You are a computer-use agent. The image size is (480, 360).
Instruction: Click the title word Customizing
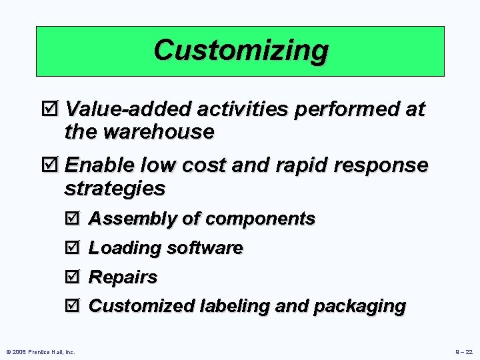[x=241, y=50]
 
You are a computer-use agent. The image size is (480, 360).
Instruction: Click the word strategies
[x=114, y=188]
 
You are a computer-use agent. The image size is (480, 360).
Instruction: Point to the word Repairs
[x=123, y=277]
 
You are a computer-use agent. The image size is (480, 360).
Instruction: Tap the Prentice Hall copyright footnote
[x=41, y=351]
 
